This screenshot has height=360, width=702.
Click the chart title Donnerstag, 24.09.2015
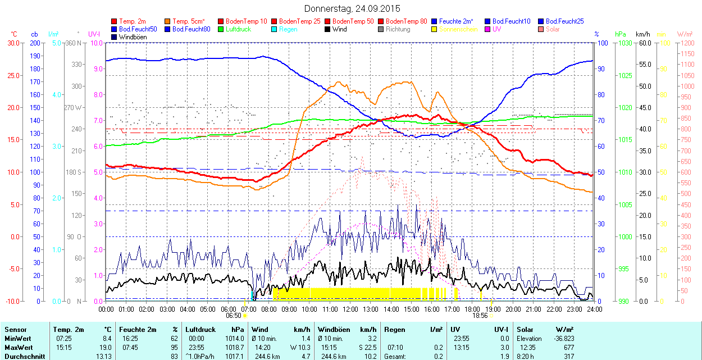(352, 8)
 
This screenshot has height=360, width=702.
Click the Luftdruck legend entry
(236, 29)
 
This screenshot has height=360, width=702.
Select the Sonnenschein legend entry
(458, 29)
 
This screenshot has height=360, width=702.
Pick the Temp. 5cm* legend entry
(189, 21)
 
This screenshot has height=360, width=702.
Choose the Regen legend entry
(288, 29)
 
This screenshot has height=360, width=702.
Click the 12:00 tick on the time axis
(350, 309)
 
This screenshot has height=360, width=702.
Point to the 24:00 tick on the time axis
(594, 309)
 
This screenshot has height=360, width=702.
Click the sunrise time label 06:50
(234, 316)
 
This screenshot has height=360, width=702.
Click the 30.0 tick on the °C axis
(12, 43)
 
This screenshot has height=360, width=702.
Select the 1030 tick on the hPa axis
(624, 43)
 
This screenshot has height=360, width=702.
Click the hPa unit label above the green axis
(621, 34)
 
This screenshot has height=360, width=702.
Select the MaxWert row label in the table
(17, 348)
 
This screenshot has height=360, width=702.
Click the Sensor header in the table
(15, 330)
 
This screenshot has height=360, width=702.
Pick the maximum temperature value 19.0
(106, 348)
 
